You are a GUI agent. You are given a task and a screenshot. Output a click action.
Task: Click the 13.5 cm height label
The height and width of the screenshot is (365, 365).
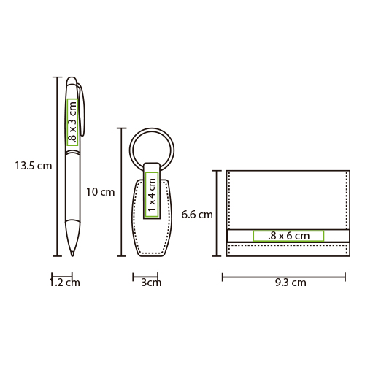coord(34,166)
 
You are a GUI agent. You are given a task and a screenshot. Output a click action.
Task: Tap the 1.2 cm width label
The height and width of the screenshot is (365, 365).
coord(65,283)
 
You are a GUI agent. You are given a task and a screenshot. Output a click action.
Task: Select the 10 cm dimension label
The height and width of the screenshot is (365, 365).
coord(100,192)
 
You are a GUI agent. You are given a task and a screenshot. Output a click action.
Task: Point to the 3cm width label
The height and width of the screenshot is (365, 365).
coord(151,283)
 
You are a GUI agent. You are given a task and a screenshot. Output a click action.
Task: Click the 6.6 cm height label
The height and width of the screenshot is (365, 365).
coord(197,215)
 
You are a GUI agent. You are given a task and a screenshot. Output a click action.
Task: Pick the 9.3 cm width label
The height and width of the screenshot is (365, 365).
coord(291,283)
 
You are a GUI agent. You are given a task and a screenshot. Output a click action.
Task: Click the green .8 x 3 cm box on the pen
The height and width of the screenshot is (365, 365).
coord(72,122)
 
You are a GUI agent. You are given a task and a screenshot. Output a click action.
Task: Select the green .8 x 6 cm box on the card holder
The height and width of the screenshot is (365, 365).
coord(288,236)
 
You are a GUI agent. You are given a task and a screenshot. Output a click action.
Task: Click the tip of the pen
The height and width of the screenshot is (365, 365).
coord(72,255)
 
